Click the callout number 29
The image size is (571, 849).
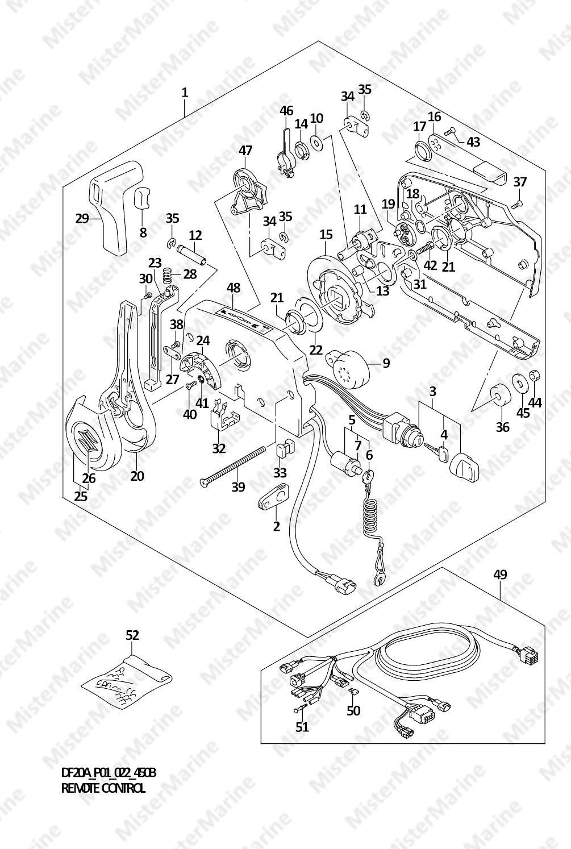point(83,218)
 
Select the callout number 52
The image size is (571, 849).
point(132,635)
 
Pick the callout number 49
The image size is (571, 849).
point(499,575)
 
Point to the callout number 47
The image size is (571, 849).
point(245,151)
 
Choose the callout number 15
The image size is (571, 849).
point(326,234)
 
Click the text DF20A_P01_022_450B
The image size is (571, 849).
point(108,773)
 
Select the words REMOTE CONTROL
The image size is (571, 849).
point(103,788)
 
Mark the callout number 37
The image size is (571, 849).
point(520,182)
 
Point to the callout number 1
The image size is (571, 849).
point(185,91)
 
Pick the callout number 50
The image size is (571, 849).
point(353,710)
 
